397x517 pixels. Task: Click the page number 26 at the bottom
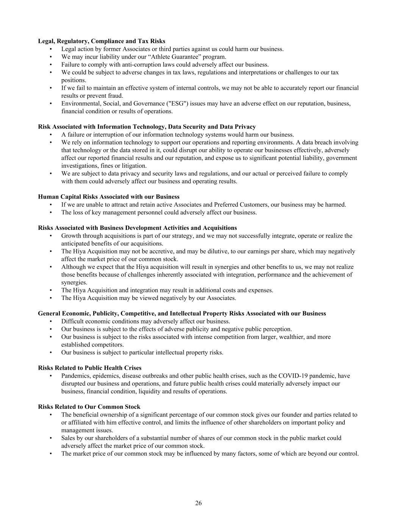[198, 503]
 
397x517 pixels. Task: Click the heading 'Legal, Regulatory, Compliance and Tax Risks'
[102, 41]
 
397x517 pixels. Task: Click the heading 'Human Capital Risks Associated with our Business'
[109, 197]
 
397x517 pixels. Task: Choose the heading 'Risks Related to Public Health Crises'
[90, 368]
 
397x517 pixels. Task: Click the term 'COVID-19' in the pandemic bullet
[291, 376]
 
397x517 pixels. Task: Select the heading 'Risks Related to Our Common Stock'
[89, 407]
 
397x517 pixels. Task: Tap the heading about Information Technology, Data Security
[147, 127]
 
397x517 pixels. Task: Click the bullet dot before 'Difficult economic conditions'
[51, 321]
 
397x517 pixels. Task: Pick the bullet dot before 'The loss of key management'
[51, 212]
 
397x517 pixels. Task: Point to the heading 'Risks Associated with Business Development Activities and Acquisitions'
[138, 228]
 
